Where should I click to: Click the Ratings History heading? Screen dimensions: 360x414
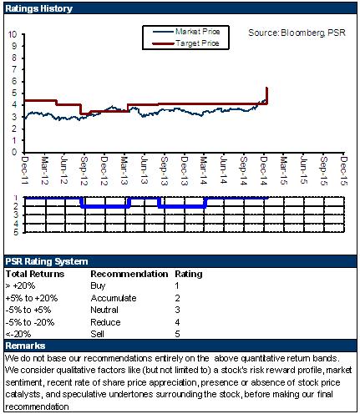pos(39,8)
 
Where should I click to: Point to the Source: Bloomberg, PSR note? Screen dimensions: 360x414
pos(297,33)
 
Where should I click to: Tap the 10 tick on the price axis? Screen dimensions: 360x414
pos(13,34)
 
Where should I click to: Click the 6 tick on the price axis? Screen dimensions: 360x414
pos(14,81)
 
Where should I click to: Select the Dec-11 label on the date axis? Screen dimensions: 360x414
pos(25,170)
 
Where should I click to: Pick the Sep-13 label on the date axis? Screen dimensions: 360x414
pos(165,170)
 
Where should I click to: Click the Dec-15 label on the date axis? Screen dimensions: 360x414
pos(344,170)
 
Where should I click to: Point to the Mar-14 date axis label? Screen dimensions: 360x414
pos(204,170)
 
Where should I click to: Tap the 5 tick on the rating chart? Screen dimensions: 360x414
pos(16,232)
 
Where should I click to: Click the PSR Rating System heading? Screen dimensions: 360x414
pos(47,261)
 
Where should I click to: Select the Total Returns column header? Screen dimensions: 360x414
pos(35,274)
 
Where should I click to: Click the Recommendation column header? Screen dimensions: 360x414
pos(129,274)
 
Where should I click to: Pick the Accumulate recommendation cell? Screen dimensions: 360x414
pos(114,298)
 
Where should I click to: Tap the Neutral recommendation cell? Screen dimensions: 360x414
pos(104,310)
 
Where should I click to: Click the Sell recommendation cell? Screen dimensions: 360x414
pos(98,334)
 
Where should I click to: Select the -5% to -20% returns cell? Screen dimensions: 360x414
pos(30,322)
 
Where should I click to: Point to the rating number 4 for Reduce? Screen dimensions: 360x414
pos(177,322)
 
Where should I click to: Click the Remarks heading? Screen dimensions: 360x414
pos(25,346)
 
